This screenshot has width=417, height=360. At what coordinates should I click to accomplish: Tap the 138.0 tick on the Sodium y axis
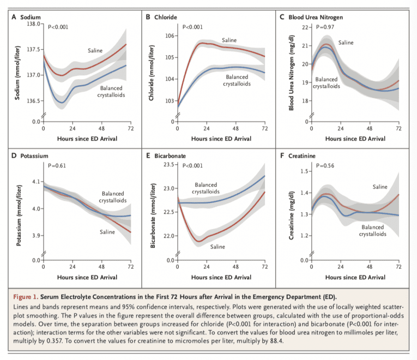(32, 24)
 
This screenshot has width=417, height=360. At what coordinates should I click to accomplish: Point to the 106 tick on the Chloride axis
(168, 36)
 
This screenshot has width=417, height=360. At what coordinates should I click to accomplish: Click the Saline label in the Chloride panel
(229, 40)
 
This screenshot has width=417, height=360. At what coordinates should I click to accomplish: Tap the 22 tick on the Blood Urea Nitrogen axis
(304, 27)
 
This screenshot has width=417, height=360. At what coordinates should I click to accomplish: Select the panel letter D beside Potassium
(14, 156)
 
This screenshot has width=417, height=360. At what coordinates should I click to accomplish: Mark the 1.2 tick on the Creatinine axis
(303, 236)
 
